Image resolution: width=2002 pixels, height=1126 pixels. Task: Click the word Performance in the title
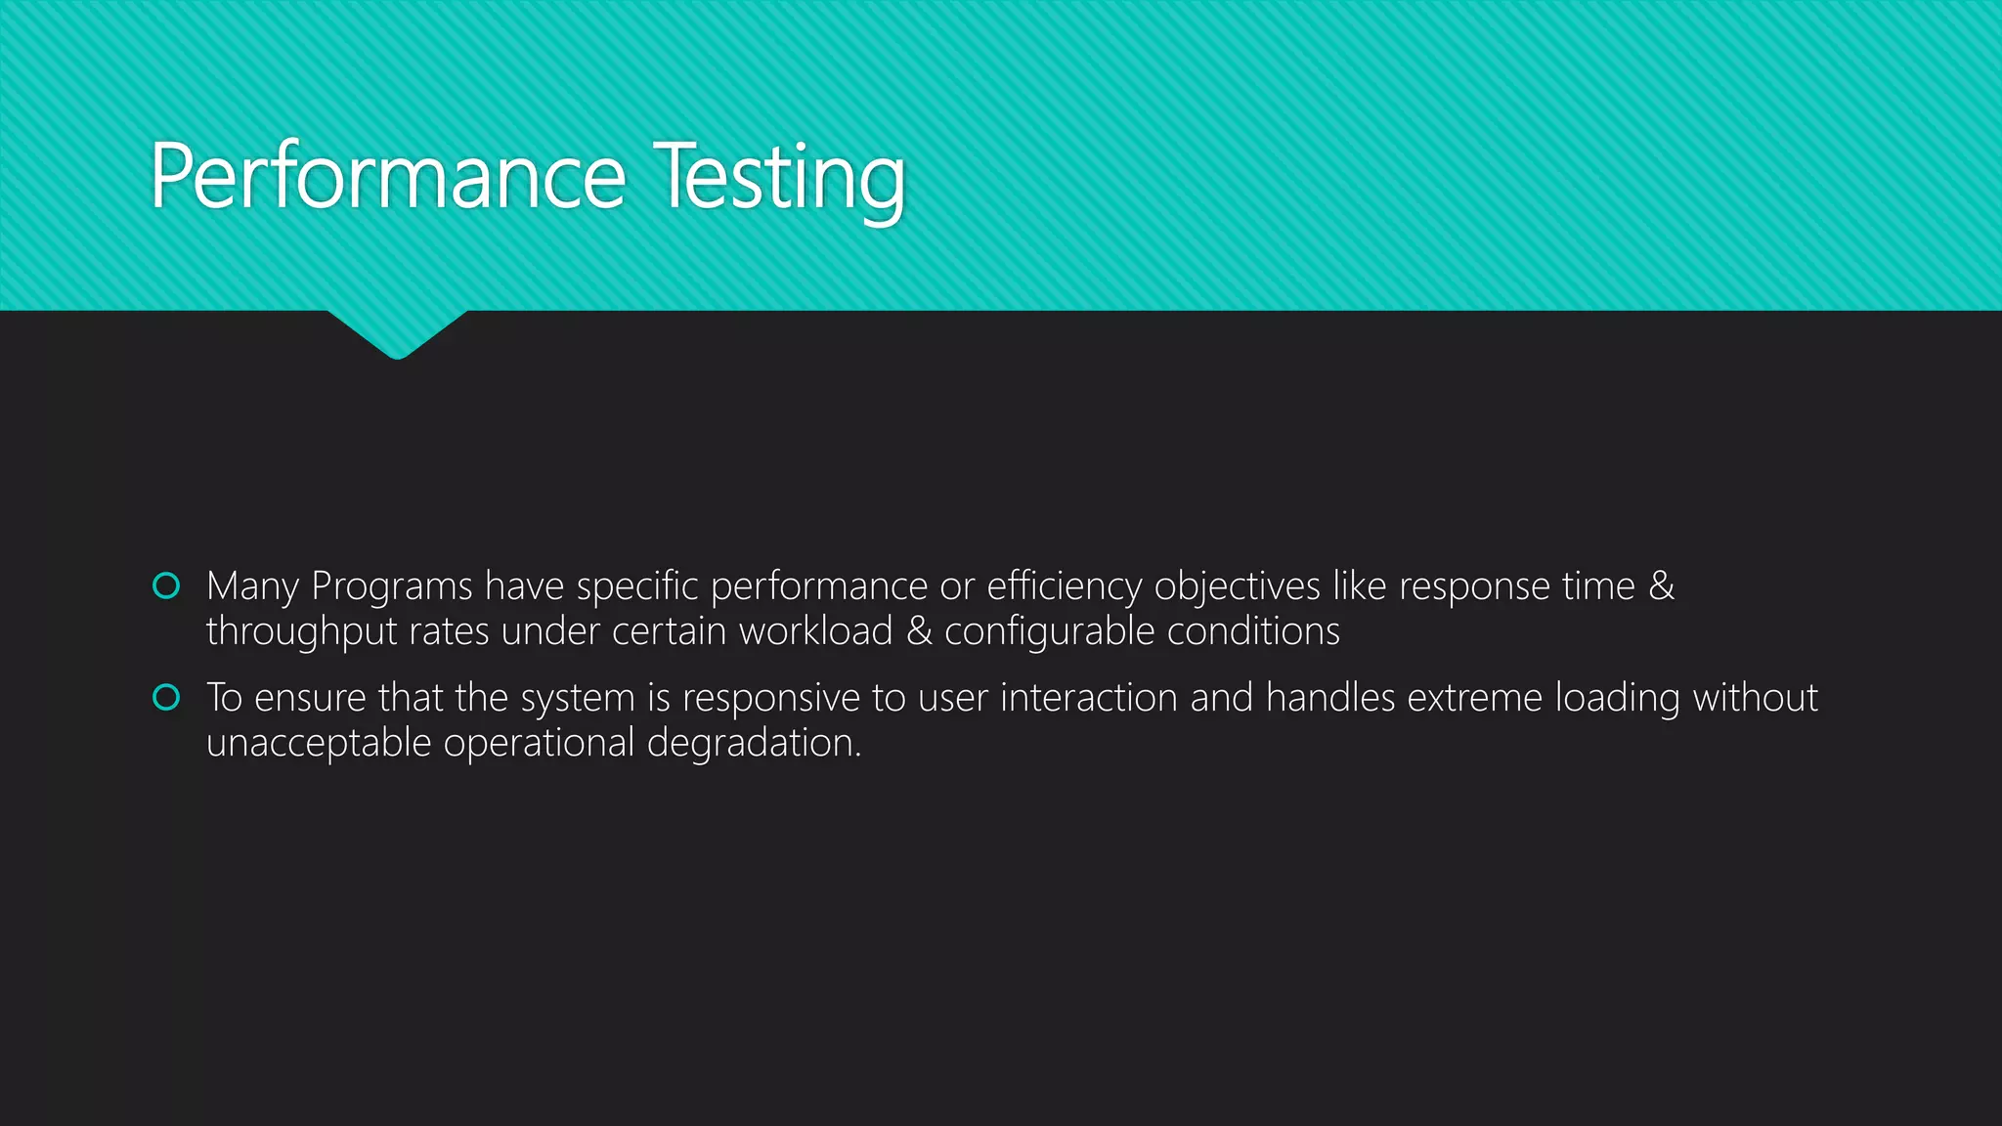388,176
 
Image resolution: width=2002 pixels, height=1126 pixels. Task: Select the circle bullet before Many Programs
166,585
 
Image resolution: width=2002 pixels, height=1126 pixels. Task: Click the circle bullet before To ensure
166,697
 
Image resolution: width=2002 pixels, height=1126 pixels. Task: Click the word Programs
391,586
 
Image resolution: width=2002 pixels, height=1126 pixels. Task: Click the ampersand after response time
1661,585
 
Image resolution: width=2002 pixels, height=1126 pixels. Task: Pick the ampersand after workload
919,631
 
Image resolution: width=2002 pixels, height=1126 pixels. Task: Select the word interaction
1088,698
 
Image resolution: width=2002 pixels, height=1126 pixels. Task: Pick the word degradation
754,743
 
